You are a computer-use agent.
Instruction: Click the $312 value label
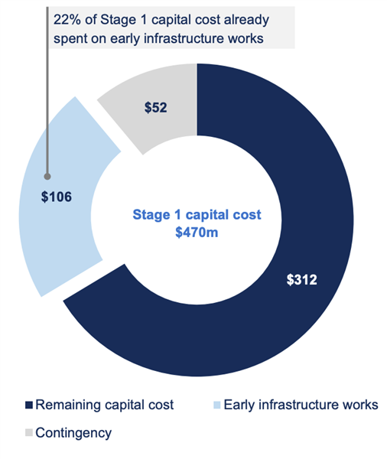(x=301, y=279)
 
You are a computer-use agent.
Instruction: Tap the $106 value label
(x=56, y=197)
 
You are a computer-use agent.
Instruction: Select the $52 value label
(x=155, y=107)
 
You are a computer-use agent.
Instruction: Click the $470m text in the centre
(x=197, y=233)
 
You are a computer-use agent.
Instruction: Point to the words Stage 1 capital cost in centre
(x=197, y=214)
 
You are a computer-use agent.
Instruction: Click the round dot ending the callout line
(x=47, y=177)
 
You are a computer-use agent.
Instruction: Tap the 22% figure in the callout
(x=67, y=20)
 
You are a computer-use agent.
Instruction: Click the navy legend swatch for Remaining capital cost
(x=29, y=405)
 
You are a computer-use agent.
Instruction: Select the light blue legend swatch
(x=217, y=405)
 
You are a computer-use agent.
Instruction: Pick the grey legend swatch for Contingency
(x=29, y=432)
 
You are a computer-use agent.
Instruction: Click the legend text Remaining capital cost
(x=105, y=405)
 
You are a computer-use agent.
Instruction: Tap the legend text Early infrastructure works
(x=301, y=405)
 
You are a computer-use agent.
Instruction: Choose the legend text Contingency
(x=73, y=433)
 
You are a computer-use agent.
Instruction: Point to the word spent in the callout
(x=70, y=39)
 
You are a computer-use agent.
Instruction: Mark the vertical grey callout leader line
(x=47, y=90)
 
